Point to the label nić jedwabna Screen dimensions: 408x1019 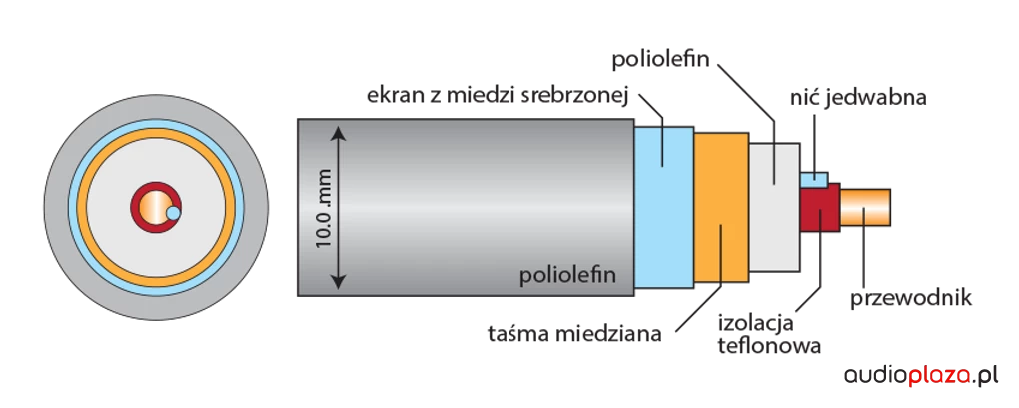pyautogui.click(x=858, y=98)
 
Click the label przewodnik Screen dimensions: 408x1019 pyautogui.click(x=910, y=298)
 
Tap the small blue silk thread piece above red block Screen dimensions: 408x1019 pyautogui.click(x=815, y=180)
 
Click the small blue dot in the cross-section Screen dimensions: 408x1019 pyautogui.click(x=173, y=213)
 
